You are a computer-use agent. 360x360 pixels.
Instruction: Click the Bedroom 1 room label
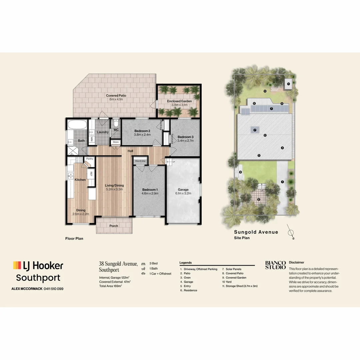pos(150,189)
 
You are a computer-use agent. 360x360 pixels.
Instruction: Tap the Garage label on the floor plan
pos(183,189)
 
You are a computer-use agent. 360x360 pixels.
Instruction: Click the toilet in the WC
pos(116,122)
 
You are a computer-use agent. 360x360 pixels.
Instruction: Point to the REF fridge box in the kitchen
pos(91,174)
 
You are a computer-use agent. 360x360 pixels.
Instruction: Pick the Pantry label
pos(89,159)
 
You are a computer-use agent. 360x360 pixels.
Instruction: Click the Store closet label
pos(116,142)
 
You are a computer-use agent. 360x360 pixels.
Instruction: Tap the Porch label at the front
pos(114,226)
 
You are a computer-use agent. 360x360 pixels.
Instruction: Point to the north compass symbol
pos(291,234)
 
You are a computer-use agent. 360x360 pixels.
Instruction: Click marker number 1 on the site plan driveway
pos(282,182)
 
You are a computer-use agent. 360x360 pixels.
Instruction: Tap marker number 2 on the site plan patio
pos(259,200)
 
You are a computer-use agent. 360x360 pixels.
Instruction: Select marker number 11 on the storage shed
pos(289,84)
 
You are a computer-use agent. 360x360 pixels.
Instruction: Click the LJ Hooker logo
pos(38,266)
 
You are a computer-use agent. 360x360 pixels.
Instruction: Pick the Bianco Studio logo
pos(275,265)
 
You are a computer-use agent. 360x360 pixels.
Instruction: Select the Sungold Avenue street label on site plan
pos(256,232)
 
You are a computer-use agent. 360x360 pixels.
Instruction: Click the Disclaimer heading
pos(297,262)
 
